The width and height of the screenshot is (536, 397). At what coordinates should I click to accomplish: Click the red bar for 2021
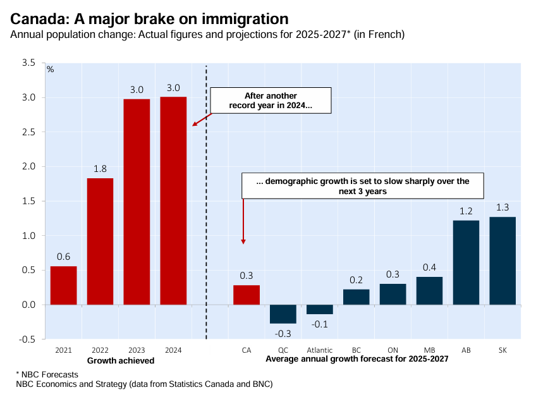click(63, 285)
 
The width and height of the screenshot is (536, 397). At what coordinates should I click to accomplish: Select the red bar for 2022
click(100, 241)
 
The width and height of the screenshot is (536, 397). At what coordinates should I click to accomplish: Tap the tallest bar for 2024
click(173, 200)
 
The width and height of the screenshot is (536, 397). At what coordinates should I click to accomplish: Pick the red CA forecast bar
click(247, 295)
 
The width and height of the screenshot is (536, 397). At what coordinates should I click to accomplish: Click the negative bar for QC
click(283, 314)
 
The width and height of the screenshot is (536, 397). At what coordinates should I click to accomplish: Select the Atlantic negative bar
click(320, 309)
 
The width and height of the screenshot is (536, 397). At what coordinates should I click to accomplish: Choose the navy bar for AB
click(466, 262)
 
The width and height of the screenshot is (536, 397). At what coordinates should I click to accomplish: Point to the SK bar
click(502, 260)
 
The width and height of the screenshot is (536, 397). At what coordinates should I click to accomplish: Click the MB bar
click(429, 291)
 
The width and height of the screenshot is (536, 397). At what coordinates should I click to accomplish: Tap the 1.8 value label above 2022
click(100, 169)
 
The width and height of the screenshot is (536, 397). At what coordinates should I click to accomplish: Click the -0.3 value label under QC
click(283, 333)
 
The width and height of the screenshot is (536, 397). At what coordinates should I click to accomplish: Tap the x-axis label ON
click(393, 350)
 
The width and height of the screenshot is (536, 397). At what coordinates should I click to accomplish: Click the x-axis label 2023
click(137, 350)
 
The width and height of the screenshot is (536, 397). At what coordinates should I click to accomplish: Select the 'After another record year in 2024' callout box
click(271, 100)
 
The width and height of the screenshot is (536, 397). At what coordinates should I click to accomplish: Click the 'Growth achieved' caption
click(120, 360)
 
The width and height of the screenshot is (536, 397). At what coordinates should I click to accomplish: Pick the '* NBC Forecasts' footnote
click(43, 374)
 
